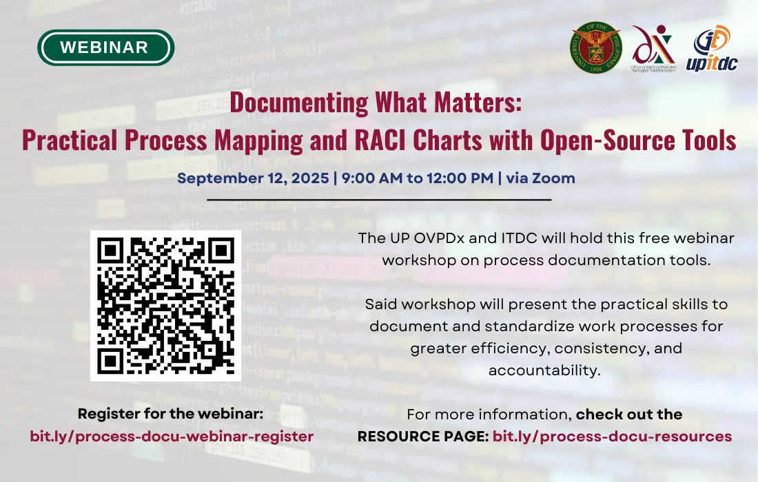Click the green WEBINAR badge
(x=106, y=48)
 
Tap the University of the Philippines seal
(x=596, y=48)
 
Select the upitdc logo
(x=712, y=48)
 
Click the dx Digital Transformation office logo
(x=653, y=48)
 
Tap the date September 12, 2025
(x=253, y=178)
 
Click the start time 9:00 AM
(x=371, y=178)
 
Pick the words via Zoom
(x=540, y=178)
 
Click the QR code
(x=166, y=306)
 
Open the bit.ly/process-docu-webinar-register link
(x=172, y=436)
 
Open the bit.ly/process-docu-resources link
(x=612, y=436)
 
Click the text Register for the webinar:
(x=171, y=414)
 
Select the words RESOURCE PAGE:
(x=423, y=436)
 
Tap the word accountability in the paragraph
(x=544, y=370)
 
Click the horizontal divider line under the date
(x=379, y=200)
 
